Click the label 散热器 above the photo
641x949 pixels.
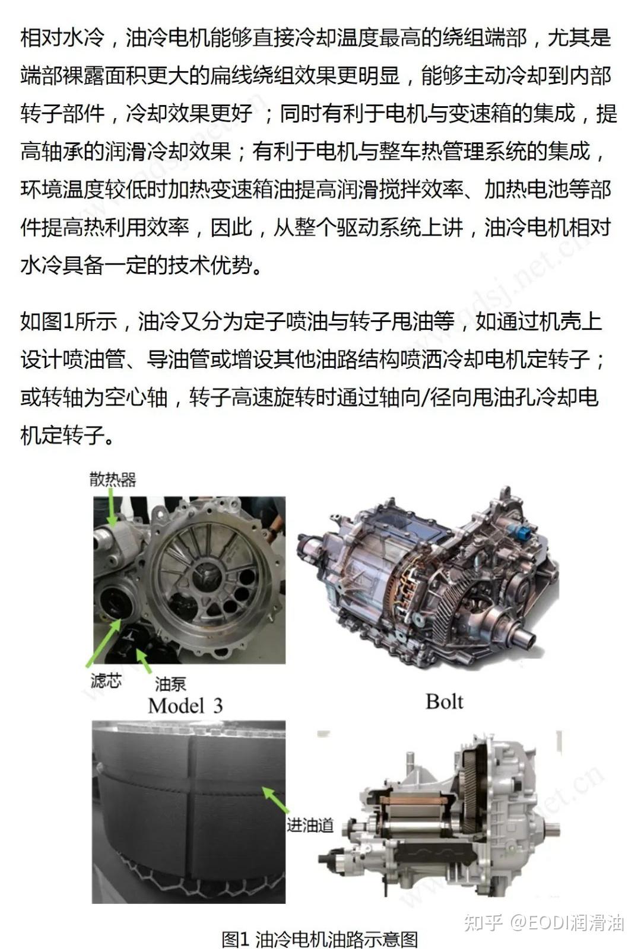(x=113, y=479)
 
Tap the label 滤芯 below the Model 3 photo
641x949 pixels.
(x=106, y=681)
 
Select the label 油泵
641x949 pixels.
(x=170, y=684)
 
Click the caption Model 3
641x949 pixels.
(x=185, y=706)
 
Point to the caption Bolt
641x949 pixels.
(x=444, y=702)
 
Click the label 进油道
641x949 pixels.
(x=310, y=825)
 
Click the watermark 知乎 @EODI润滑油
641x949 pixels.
(x=543, y=922)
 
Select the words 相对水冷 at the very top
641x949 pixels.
(x=62, y=37)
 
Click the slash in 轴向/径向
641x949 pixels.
(x=423, y=397)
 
